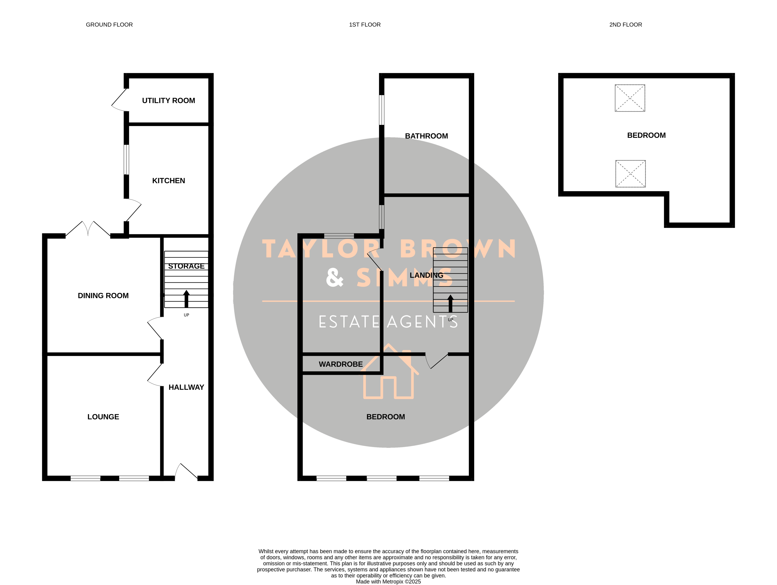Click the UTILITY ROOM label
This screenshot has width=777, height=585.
pyautogui.click(x=169, y=101)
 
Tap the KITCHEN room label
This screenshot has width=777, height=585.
pyautogui.click(x=169, y=180)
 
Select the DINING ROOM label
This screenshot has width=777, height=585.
pyautogui.click(x=103, y=296)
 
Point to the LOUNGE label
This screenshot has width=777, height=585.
pyautogui.click(x=103, y=417)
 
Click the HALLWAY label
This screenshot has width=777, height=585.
pyautogui.click(x=186, y=387)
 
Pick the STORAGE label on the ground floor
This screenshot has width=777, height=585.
pyautogui.click(x=186, y=266)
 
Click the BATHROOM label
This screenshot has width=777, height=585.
pyautogui.click(x=426, y=136)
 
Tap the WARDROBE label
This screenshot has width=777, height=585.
pyautogui.click(x=341, y=364)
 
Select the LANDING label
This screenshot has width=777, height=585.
pyautogui.click(x=426, y=275)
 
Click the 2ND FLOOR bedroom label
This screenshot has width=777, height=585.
pyautogui.click(x=646, y=135)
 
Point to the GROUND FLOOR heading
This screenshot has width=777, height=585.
pyautogui.click(x=109, y=25)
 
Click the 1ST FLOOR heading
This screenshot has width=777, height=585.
pyautogui.click(x=365, y=25)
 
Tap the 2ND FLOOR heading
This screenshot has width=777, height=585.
pyautogui.click(x=626, y=25)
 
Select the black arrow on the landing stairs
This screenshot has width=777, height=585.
pyautogui.click(x=450, y=303)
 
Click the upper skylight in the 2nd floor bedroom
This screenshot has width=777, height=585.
pyautogui.click(x=630, y=98)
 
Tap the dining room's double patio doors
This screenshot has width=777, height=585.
pyautogui.click(x=88, y=229)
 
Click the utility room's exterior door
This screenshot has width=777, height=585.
pyautogui.click(x=119, y=100)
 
